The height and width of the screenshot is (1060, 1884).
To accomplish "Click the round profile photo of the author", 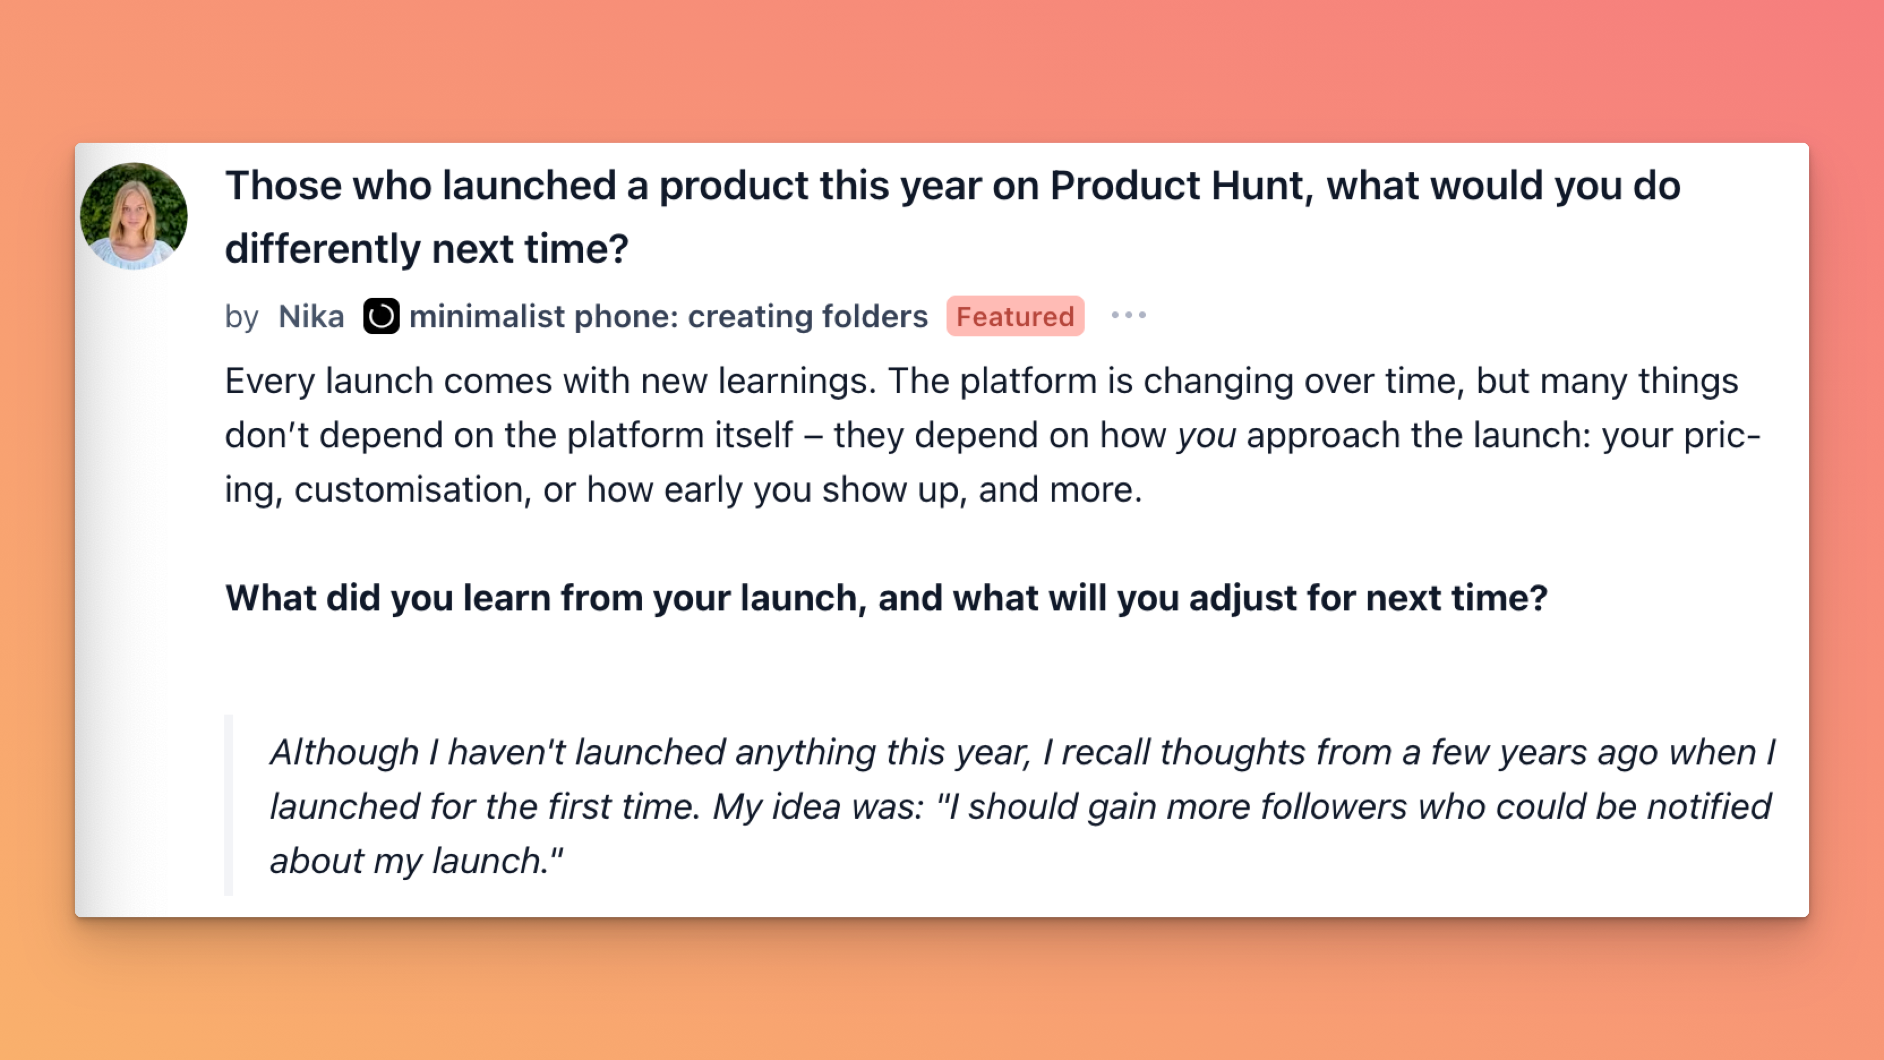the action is click(x=134, y=216).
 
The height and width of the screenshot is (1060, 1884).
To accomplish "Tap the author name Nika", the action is click(x=311, y=317).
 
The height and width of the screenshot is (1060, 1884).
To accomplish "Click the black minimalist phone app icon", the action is click(x=381, y=316).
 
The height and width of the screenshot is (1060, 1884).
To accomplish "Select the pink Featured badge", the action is click(x=1015, y=316).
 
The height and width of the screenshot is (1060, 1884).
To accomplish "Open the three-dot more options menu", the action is click(x=1128, y=315).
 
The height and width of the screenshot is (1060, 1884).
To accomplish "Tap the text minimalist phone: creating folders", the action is click(x=669, y=317).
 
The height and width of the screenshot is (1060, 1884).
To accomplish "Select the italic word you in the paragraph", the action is click(x=1207, y=437).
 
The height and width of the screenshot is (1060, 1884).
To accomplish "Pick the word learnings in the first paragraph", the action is click(x=797, y=382).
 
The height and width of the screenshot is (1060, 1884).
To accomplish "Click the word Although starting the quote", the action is click(x=344, y=753).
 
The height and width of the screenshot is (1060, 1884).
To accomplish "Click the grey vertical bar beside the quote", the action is click(x=229, y=805).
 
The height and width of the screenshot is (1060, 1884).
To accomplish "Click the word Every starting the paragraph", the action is click(x=270, y=382).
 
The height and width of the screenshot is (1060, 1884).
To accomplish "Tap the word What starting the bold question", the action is click(x=271, y=599).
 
